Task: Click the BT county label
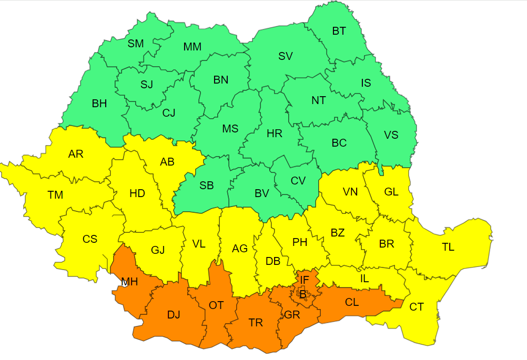coord(339,31)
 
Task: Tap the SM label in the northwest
coord(136,44)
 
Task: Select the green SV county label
coord(286,56)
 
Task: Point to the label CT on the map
coord(417,307)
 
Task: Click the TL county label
coord(448,247)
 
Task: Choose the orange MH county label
coord(129,282)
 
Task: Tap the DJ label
coord(174,315)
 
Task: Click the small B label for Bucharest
coord(302,294)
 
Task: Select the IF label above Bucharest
coord(305,279)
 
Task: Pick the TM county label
coord(55,195)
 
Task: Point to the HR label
coord(275,133)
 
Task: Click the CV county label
coord(298,181)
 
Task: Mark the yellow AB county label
coord(167,162)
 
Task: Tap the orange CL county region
coord(352,303)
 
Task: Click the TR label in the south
coord(256,323)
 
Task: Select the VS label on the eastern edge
coord(391,135)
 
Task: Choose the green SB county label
coord(207,185)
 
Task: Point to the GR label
coord(292,315)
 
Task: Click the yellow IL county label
coord(364,279)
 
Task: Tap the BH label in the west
coord(99,104)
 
